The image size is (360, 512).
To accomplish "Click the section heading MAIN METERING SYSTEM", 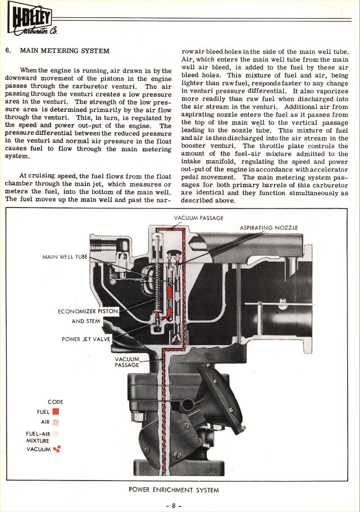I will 65,51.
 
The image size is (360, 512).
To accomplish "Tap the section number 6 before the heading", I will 7,51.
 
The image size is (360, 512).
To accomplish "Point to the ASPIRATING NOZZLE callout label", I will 268,228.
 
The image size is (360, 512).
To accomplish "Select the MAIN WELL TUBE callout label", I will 65,257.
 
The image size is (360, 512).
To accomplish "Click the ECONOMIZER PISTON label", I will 88,311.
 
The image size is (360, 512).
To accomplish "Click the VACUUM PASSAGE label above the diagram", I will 199,218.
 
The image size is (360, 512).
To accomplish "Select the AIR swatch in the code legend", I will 56,422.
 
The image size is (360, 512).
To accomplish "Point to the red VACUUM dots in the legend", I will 56,448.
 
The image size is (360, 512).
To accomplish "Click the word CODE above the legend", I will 56,402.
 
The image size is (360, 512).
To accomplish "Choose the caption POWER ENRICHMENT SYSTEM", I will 174,490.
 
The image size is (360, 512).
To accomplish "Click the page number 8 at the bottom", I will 174,504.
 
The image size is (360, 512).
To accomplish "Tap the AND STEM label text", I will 85,321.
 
